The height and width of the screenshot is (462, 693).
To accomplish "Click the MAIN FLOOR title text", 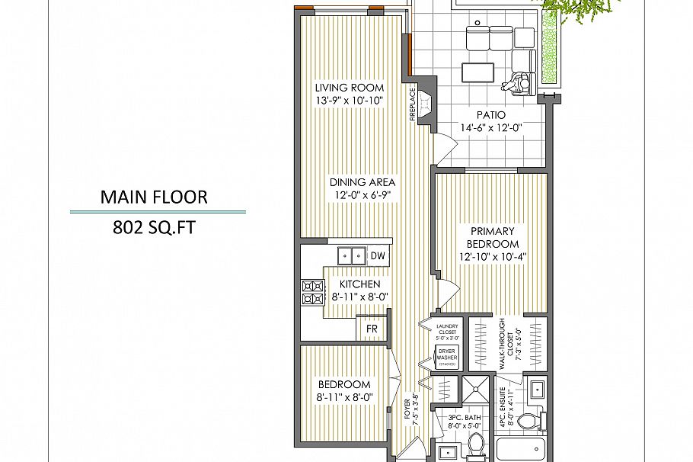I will (x=153, y=197).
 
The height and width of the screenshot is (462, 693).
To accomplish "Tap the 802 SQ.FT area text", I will (x=153, y=227).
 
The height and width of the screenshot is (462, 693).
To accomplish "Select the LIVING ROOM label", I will (x=350, y=88).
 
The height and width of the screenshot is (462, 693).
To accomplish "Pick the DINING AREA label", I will (x=362, y=182).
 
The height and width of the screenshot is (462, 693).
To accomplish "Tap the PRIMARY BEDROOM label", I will (x=493, y=237).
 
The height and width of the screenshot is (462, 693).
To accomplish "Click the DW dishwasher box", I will (x=378, y=256).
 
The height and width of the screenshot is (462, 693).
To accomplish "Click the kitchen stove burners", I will (x=312, y=292).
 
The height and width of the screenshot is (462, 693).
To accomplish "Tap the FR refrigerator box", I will (x=372, y=329).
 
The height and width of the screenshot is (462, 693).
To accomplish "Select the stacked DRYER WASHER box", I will (x=446, y=357).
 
